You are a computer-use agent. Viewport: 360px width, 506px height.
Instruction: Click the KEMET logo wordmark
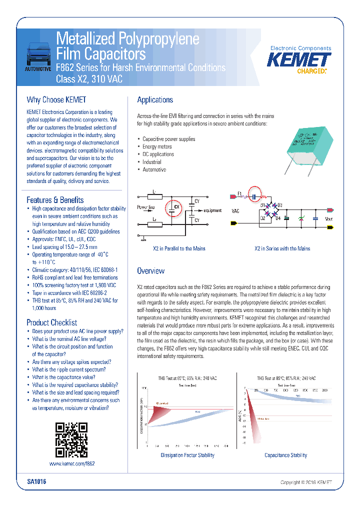tap(299, 60)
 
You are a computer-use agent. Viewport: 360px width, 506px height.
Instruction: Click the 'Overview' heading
tap(150, 271)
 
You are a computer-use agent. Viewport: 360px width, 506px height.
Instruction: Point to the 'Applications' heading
tap(155, 100)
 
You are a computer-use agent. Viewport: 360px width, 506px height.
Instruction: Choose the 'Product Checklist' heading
tap(51, 322)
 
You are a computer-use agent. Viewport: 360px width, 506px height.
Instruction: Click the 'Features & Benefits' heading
tap(55, 200)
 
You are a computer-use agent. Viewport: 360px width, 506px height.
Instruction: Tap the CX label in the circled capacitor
tap(176, 206)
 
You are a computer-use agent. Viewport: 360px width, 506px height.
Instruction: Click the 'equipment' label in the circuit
tap(212, 210)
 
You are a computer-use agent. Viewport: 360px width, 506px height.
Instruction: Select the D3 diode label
tap(279, 205)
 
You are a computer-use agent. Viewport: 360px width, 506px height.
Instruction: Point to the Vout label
tap(328, 218)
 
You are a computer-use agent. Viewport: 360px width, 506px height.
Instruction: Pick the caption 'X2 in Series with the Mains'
tap(282, 248)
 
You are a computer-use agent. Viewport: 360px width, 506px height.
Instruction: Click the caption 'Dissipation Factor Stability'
tap(187, 455)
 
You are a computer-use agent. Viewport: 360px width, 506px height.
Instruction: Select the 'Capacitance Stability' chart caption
tap(285, 455)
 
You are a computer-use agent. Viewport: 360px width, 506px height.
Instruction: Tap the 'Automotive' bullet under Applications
tap(154, 169)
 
